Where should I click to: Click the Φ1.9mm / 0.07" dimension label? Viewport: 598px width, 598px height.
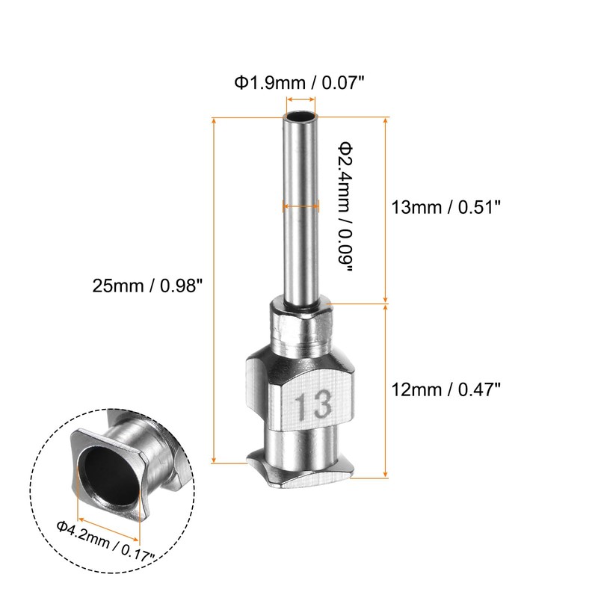coord(300,82)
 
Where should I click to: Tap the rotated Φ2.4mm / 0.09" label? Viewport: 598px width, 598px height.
coord(345,207)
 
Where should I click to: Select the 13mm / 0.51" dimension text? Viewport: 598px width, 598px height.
coord(446,208)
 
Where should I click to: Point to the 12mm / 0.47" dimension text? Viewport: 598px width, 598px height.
coord(446,389)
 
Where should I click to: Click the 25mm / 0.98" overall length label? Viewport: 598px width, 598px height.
coord(147,286)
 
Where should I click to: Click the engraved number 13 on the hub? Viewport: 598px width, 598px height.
coord(313,405)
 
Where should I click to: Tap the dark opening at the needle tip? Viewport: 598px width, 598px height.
coord(301,117)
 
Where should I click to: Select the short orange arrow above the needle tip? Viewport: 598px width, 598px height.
coord(301,99)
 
